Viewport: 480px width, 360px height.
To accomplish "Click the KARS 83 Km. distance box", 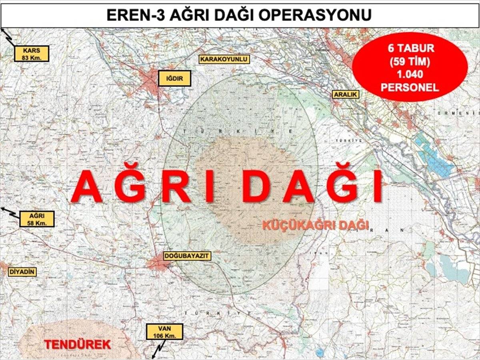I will tap(32, 54).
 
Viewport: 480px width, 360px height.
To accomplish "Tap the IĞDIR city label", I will tap(174, 78).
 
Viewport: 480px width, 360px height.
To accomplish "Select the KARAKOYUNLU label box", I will tap(224, 60).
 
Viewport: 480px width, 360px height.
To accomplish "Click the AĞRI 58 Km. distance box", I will tap(37, 219).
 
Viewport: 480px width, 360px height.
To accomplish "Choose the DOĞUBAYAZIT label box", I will tap(187, 256).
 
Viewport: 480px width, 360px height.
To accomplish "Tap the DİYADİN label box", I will tap(22, 272).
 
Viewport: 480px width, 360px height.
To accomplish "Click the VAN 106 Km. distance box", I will tap(164, 332).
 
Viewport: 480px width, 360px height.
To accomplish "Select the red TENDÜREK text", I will tap(77, 344).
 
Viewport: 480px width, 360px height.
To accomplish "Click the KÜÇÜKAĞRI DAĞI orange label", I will tap(315, 225).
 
